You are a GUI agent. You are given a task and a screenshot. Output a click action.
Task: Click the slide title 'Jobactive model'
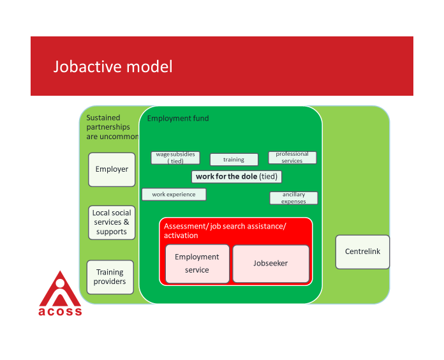[x=113, y=66]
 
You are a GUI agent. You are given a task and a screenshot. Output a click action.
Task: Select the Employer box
[x=112, y=169]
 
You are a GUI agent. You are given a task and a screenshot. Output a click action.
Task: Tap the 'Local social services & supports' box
[x=112, y=222]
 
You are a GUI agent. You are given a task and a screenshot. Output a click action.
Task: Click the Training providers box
[x=110, y=277]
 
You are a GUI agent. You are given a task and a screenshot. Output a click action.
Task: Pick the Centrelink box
[x=362, y=251]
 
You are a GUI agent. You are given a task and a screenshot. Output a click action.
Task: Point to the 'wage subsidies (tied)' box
[x=175, y=158]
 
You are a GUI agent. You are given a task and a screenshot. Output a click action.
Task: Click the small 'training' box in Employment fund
[x=234, y=160]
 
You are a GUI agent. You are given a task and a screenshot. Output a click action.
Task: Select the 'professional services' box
[x=292, y=157]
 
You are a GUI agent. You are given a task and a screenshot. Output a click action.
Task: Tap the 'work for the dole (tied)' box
[x=237, y=176]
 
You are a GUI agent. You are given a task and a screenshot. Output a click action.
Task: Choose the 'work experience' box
[x=174, y=194]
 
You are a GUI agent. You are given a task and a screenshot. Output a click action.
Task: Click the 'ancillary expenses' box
[x=293, y=198]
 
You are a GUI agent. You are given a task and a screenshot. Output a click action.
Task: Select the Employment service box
[x=197, y=263]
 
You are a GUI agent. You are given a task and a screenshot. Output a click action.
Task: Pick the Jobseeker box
[x=270, y=263]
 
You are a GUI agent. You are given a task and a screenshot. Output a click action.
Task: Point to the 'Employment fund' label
[x=178, y=119]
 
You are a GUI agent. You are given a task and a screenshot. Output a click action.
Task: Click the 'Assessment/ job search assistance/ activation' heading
[x=225, y=231]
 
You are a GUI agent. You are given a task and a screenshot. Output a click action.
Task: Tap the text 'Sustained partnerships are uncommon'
[x=112, y=127]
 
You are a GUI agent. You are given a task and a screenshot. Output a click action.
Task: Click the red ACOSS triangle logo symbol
[x=60, y=290]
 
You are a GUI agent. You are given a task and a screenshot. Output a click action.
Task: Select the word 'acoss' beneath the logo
[x=60, y=311]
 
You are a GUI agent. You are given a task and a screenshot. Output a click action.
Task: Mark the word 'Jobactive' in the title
[x=84, y=66]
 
